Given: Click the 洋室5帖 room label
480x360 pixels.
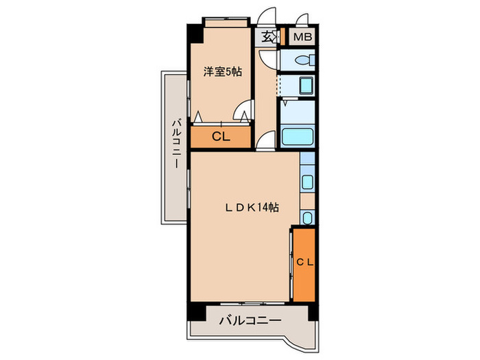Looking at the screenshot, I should click(x=220, y=71).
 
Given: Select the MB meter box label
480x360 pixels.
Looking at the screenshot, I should click(x=301, y=37).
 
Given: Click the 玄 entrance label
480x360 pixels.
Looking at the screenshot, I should click(x=266, y=37).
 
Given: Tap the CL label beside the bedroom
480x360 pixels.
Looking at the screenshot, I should click(x=220, y=136).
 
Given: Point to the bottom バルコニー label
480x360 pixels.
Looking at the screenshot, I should click(x=250, y=320).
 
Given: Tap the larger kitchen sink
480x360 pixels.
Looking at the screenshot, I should click(x=307, y=182).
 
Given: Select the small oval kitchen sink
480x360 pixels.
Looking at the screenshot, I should click(x=307, y=219).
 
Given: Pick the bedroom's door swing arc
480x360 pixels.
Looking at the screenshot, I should click(x=242, y=110).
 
